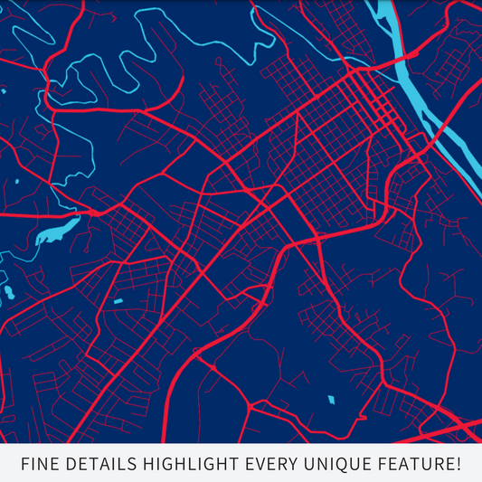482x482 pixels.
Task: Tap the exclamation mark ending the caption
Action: pyautogui.click(x=459, y=465)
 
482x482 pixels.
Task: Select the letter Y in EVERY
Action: pyautogui.click(x=292, y=465)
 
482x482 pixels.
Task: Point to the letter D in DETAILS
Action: pyautogui.click(x=70, y=465)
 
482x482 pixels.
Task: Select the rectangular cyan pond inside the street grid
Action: pyautogui.click(x=117, y=300)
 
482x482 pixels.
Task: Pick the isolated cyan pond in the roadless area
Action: pyautogui.click(x=330, y=399)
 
